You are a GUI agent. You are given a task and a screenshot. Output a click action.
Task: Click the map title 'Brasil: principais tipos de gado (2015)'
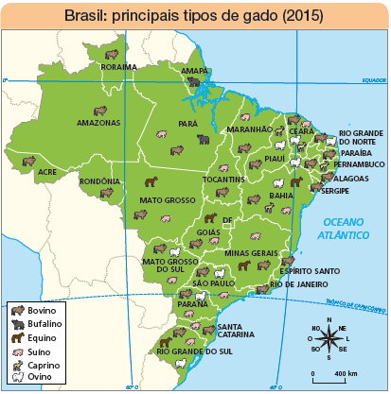[193, 15]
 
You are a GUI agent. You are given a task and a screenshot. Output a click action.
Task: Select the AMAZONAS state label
[98, 123]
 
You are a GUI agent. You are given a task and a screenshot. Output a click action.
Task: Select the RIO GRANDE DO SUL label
[194, 351]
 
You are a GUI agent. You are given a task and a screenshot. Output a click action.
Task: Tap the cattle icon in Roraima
[114, 55]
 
